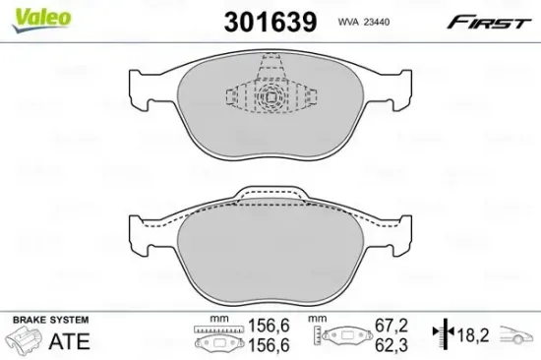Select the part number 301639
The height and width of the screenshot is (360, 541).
click(x=270, y=20)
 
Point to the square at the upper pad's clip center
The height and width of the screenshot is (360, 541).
click(x=270, y=97)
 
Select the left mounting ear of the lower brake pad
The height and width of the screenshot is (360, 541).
click(x=144, y=236)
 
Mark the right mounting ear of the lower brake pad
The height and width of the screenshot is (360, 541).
click(x=396, y=236)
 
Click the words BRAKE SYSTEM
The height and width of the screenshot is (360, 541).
click(x=48, y=321)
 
